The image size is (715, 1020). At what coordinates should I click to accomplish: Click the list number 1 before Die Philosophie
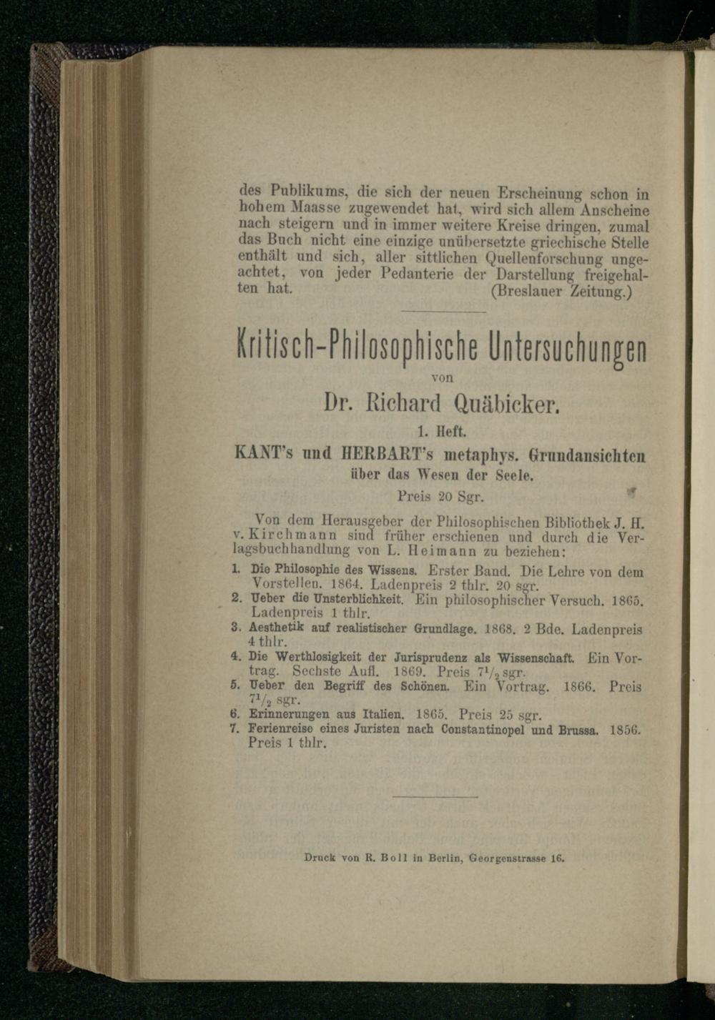pyautogui.click(x=235, y=570)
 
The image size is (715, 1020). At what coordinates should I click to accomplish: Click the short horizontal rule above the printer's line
pyautogui.click(x=435, y=796)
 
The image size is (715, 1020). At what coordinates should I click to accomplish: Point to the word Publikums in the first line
pyautogui.click(x=297, y=193)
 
